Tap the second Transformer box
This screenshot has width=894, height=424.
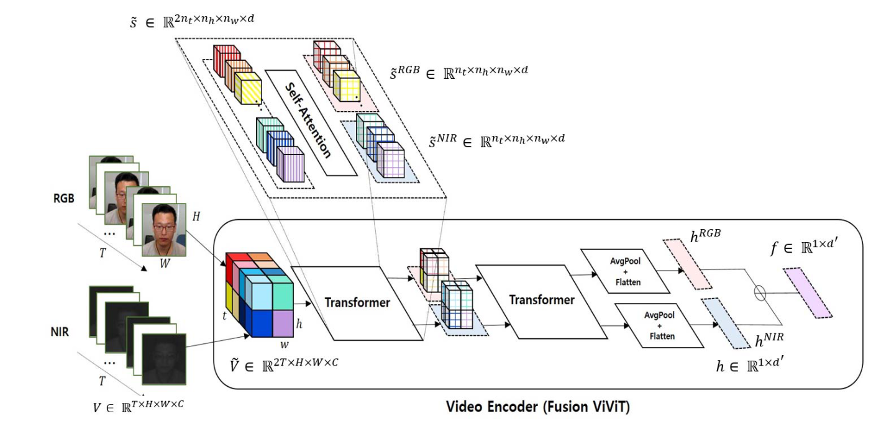point(541,300)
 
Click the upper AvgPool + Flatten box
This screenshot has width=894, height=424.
point(626,271)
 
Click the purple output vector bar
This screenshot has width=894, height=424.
point(807,292)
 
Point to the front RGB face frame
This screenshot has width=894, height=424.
point(164,230)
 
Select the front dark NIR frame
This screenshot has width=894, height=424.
point(164,359)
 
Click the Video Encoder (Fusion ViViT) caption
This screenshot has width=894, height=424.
point(539,407)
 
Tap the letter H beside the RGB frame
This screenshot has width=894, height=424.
point(196,215)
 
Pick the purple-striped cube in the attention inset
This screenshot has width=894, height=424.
point(290,165)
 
